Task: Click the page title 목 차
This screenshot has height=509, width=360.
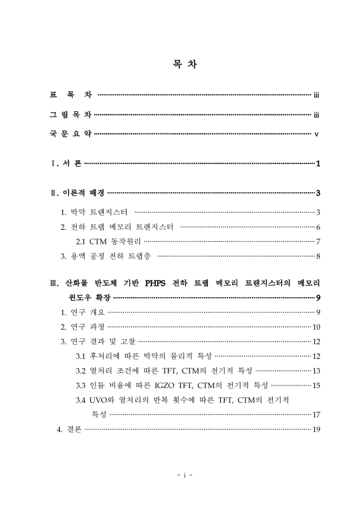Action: [x=180, y=64]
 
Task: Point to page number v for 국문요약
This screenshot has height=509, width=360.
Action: [x=316, y=134]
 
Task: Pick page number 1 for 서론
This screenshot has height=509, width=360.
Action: [x=317, y=165]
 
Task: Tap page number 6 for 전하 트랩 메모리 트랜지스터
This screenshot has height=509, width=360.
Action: [x=317, y=227]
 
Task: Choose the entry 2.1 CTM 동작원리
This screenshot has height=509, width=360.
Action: [x=109, y=242]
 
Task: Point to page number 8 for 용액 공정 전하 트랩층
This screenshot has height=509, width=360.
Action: [x=317, y=256]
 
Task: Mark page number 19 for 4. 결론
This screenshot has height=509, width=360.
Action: [x=315, y=429]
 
